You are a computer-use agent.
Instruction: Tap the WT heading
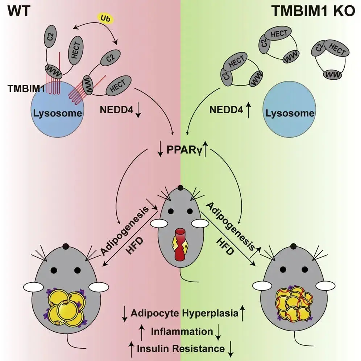(19, 11)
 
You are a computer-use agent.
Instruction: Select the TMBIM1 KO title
(314, 11)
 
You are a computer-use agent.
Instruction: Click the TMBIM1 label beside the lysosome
(26, 88)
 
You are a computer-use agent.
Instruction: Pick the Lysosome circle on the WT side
(58, 109)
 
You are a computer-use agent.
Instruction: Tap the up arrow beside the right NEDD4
(248, 111)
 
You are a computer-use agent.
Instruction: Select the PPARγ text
(184, 150)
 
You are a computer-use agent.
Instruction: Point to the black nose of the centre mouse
(180, 188)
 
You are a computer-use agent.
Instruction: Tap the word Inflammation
(182, 332)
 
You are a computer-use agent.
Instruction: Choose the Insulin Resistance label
(181, 349)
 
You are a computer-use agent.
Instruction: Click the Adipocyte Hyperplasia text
(184, 314)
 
